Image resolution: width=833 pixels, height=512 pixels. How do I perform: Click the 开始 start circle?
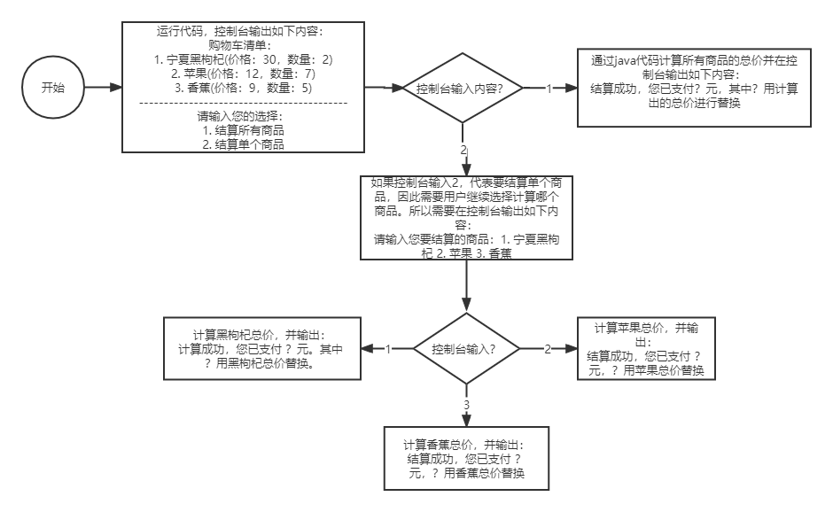52,89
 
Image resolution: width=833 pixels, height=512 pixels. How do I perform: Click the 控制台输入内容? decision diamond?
460,89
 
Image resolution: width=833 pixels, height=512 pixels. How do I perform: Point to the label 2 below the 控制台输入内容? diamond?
463,150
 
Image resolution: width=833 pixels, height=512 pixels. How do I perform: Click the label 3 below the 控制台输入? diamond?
467,406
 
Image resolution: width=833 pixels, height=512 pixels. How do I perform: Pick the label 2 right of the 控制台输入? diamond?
547,348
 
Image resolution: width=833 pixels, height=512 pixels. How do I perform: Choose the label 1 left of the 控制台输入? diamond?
387,348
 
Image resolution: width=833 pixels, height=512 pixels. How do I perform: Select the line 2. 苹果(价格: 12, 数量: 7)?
243,74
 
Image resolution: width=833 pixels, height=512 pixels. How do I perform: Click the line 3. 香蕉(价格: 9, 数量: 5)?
243,89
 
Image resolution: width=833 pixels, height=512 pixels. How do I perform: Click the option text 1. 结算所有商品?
243,130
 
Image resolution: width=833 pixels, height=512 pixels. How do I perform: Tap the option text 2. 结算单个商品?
243,144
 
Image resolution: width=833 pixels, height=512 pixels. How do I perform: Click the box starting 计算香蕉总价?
465,458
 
